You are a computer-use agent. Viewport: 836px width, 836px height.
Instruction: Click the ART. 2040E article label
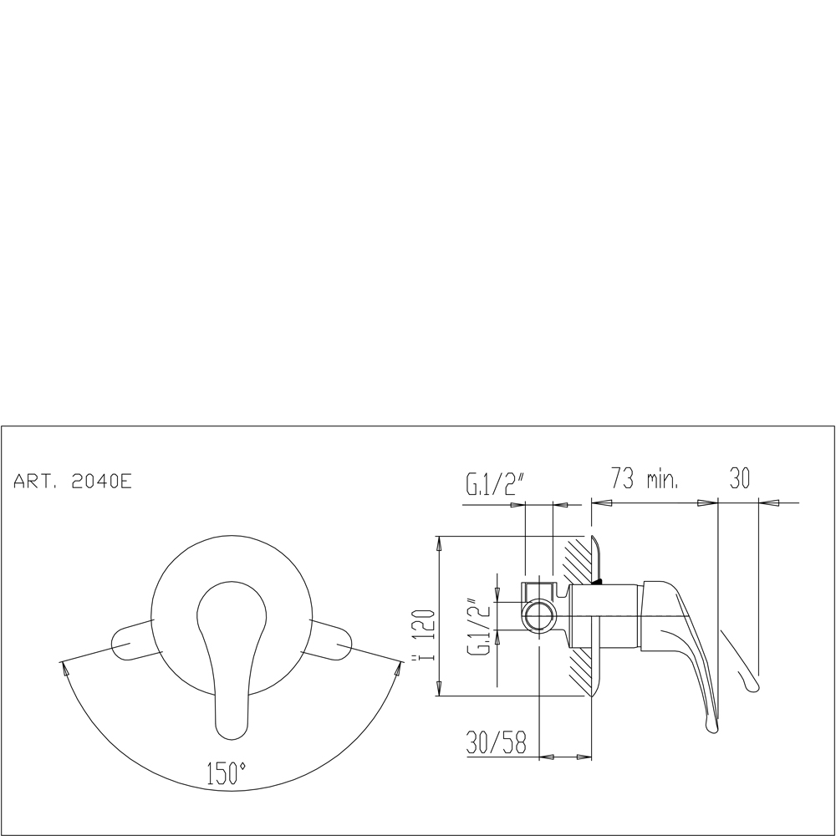pyautogui.click(x=73, y=482)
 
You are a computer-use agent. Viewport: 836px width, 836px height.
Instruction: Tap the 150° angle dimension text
pyautogui.click(x=226, y=773)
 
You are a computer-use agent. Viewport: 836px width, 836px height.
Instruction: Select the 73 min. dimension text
pyautogui.click(x=645, y=477)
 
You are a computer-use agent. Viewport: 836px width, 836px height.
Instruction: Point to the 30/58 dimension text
pyautogui.click(x=497, y=742)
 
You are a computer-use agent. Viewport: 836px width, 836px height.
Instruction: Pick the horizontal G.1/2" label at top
pyautogui.click(x=496, y=483)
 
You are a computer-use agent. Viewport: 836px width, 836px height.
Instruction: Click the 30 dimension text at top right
pyautogui.click(x=740, y=477)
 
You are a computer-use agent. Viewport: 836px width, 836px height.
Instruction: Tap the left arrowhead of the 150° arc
pyautogui.click(x=65, y=668)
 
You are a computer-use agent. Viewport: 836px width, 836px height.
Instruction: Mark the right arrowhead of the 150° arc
pyautogui.click(x=398, y=668)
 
